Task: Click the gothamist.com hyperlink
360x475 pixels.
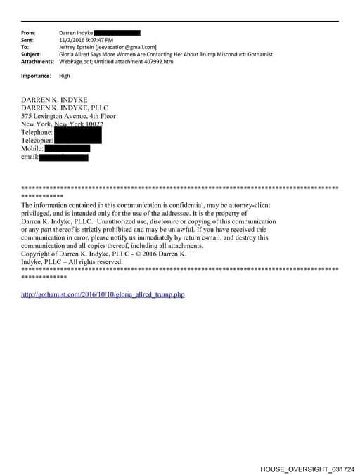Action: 103,294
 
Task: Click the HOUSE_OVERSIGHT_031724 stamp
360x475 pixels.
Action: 307,468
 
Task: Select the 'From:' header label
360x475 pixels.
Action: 29,33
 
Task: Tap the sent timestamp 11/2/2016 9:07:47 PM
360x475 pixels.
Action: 86,40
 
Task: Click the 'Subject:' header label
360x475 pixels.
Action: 31,54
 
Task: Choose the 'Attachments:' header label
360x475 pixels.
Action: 37,62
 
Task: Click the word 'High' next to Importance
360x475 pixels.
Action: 65,76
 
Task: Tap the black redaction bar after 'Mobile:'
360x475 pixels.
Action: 67,148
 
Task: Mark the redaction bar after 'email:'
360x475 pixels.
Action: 63,157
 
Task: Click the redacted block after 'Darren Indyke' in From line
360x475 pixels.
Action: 117,33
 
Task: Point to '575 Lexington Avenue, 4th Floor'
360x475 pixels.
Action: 69,116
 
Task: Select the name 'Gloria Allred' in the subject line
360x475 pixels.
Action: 77,54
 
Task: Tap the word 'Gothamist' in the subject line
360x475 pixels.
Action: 259,54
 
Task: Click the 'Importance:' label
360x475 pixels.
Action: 36,76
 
